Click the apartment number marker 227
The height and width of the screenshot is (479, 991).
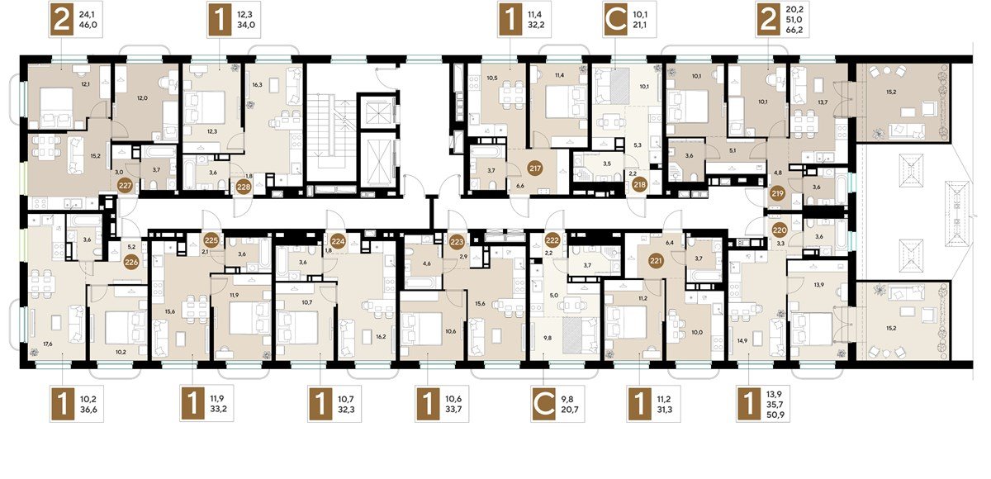coord(125,185)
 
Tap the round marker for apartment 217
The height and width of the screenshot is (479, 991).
coord(535,168)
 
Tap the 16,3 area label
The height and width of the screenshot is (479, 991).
coord(257,83)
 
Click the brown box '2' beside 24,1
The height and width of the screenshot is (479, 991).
coord(60,20)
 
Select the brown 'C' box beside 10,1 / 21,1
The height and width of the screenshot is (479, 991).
coord(611,20)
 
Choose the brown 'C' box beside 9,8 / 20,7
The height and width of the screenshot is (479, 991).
coord(543,406)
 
